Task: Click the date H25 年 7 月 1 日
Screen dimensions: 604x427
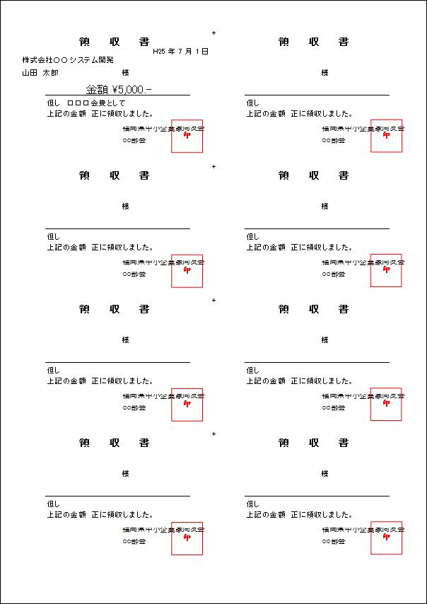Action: coord(180,52)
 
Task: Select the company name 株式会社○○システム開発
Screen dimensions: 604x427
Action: coord(67,60)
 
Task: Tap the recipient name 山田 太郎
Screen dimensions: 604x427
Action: coord(40,72)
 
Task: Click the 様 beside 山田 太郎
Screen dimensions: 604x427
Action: coord(125,72)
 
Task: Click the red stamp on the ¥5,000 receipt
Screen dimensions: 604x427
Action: coord(187,136)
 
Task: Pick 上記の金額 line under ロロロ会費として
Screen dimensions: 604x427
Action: coord(100,113)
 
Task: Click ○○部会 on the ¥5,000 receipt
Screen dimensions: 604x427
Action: coord(134,141)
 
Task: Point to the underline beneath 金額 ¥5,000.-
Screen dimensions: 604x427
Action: coord(117,95)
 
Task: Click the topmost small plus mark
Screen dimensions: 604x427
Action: coord(213,33)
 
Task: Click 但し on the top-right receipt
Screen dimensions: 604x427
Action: coord(252,103)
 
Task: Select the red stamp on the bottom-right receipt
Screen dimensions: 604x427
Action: coord(386,538)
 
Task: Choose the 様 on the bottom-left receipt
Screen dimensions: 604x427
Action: coord(125,474)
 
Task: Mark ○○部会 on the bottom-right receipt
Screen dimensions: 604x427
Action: coord(334,542)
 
